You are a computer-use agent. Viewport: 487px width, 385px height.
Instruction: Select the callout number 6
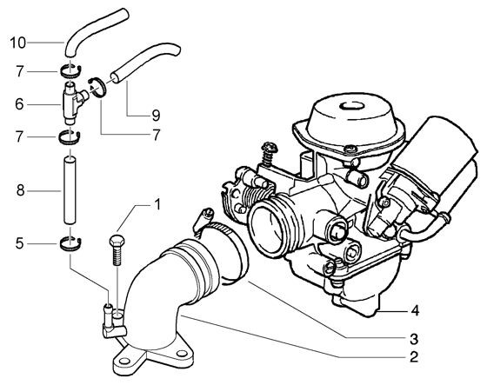click(x=17, y=103)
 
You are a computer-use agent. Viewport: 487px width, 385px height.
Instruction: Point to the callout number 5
click(x=17, y=244)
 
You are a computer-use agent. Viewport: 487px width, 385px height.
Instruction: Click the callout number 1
click(x=157, y=205)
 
